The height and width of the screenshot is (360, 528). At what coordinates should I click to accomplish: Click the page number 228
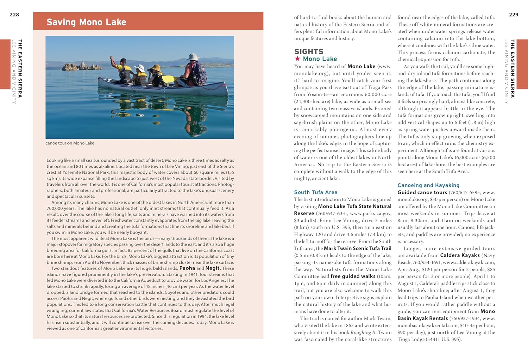14,15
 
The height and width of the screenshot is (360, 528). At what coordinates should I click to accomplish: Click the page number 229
514,15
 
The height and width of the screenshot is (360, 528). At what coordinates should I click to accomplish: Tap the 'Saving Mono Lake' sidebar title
86,22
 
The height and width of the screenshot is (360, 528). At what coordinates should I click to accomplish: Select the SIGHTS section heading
309,51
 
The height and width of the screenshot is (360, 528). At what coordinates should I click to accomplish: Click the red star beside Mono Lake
297,59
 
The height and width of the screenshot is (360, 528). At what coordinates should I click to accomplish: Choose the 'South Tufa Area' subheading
316,192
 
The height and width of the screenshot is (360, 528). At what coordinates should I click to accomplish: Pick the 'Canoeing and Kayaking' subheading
428,185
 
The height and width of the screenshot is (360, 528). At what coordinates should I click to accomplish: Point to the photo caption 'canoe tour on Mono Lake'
70,143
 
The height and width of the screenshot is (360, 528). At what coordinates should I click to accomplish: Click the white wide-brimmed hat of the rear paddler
193,56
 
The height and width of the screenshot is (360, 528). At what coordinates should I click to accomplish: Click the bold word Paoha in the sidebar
187,268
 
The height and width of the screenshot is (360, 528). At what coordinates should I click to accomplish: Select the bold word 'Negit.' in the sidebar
213,268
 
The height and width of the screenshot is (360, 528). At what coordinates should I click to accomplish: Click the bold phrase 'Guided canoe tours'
422,192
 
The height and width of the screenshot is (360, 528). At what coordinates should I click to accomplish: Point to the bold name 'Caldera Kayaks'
460,255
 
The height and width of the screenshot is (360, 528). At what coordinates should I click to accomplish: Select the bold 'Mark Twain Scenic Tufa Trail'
358,248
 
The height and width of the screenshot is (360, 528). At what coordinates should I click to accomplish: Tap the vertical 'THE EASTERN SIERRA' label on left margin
20,68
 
